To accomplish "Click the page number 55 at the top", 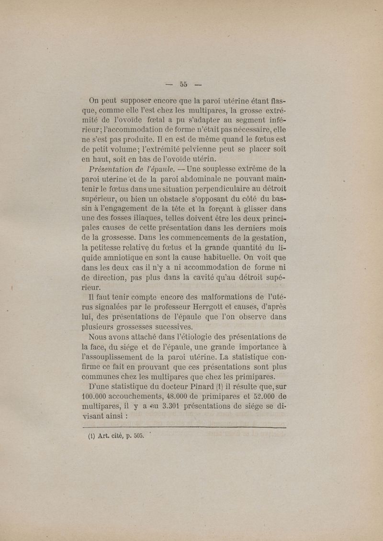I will tap(183, 85).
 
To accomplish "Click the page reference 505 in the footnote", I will tap(139, 435).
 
